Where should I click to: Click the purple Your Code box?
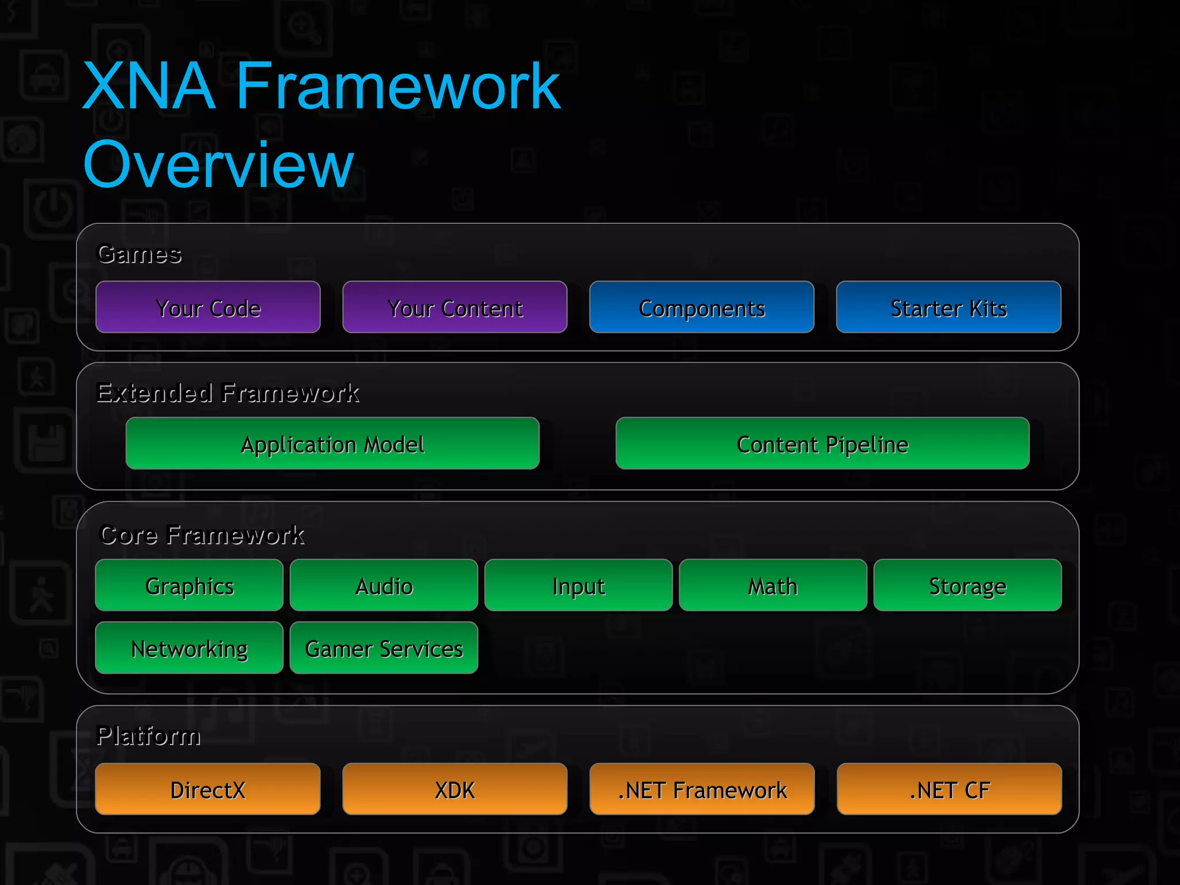tap(208, 307)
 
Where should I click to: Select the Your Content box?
tap(455, 307)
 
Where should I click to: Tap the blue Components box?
tap(701, 307)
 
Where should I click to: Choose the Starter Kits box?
tap(948, 307)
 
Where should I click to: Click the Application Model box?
tap(332, 443)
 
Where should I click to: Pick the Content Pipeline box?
tap(822, 443)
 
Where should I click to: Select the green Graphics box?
tap(189, 585)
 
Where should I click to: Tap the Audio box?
tap(384, 585)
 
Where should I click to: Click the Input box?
tap(578, 585)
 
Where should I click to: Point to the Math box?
tap(773, 585)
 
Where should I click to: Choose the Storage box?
tap(967, 585)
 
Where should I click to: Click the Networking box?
tap(189, 648)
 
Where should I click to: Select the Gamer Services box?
tap(384, 648)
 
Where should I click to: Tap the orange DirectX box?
tap(207, 789)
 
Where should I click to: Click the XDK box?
tap(455, 789)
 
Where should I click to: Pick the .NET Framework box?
tap(702, 789)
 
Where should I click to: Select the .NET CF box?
tap(949, 789)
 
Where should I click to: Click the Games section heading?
tap(139, 254)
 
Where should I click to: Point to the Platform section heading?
tap(149, 736)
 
